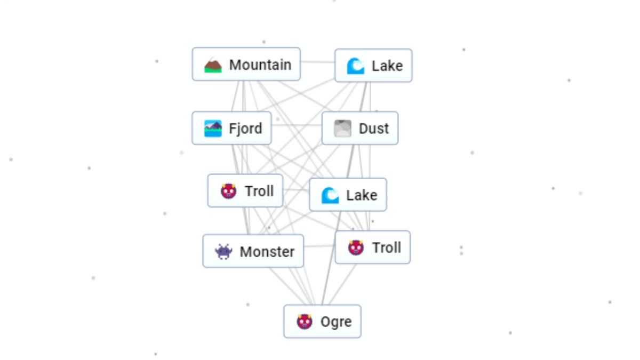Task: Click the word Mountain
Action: click(260, 65)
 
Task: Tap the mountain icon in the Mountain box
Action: click(213, 66)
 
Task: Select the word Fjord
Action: click(245, 129)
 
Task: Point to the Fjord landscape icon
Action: click(213, 129)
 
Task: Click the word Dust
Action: click(374, 129)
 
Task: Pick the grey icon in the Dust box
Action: click(342, 129)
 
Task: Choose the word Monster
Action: click(267, 251)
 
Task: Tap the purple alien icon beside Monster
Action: click(223, 251)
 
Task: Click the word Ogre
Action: click(336, 322)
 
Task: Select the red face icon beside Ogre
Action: click(304, 322)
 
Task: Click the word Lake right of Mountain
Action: click(387, 66)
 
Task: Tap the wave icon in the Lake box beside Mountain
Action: click(355, 66)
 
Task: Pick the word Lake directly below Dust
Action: click(362, 195)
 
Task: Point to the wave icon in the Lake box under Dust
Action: click(330, 195)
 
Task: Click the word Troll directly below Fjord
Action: click(259, 191)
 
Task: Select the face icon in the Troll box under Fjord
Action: click(228, 191)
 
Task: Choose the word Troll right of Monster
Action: click(387, 247)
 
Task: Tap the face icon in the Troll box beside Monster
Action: click(356, 247)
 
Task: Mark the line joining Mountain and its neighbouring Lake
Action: click(318, 62)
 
